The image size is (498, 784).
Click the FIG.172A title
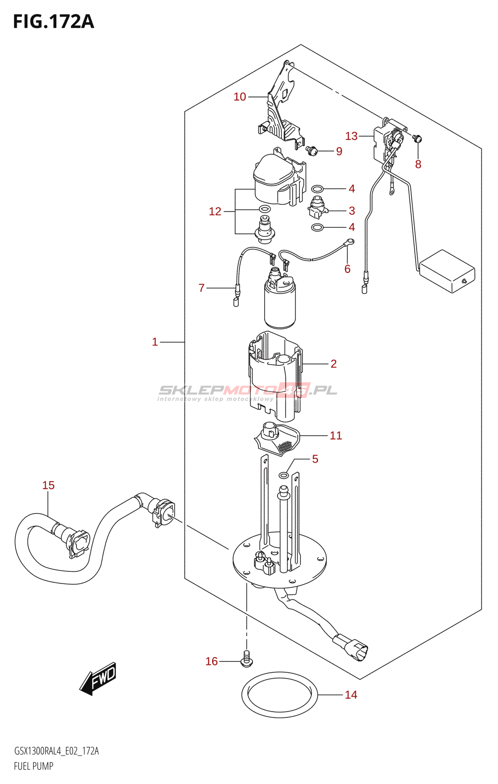click(53, 22)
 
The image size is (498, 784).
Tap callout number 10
click(240, 97)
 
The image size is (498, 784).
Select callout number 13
click(351, 136)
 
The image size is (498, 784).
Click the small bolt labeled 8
click(417, 139)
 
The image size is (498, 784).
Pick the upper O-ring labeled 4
click(317, 189)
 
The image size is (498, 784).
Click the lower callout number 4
click(351, 227)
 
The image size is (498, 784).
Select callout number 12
click(215, 211)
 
